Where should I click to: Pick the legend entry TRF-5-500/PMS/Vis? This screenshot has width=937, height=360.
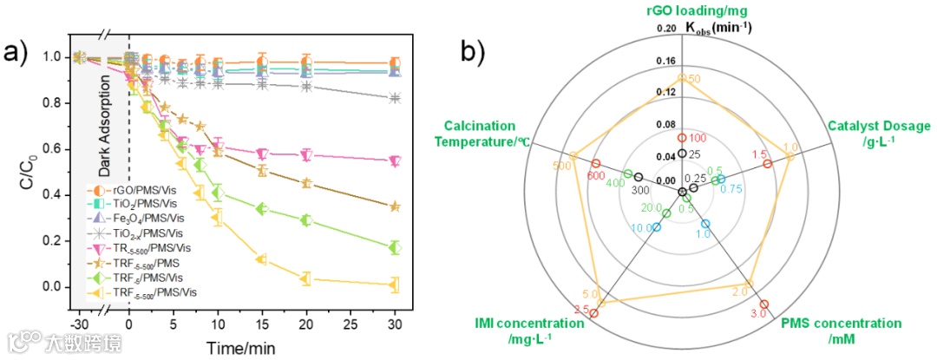tap(143, 292)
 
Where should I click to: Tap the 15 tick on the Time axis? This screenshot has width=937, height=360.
tap(262, 323)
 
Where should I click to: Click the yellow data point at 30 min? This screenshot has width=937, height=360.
tap(396, 284)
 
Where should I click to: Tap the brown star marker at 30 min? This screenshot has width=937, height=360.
tap(396, 206)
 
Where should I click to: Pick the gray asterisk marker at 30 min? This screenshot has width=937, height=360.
tap(396, 98)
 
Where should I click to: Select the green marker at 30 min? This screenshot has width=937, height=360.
tap(396, 247)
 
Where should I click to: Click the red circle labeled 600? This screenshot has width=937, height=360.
tap(595, 164)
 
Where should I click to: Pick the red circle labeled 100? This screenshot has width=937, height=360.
tap(682, 138)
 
